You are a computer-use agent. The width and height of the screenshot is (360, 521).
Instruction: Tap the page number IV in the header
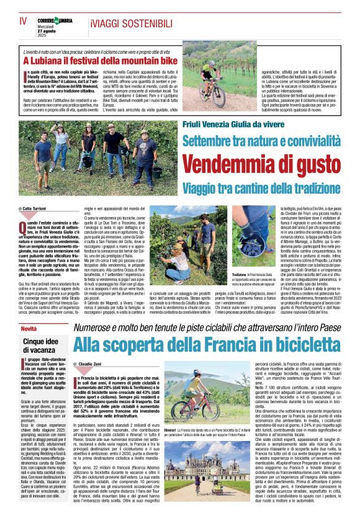click(x=24, y=22)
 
